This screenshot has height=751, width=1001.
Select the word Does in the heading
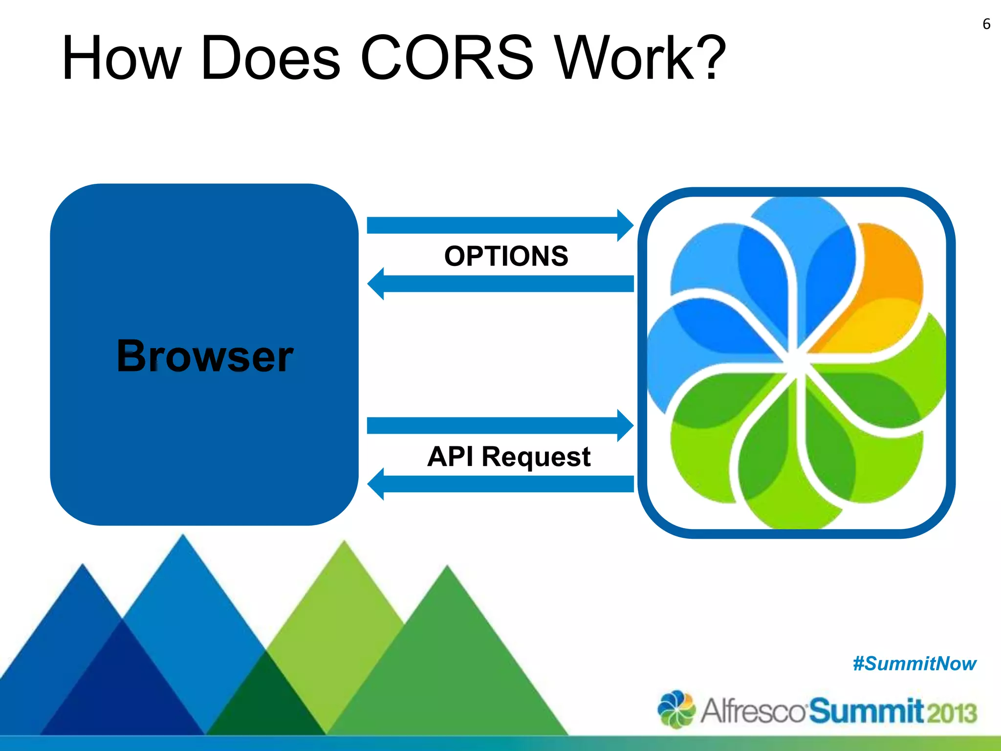click(270, 58)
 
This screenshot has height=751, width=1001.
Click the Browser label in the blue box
click(205, 356)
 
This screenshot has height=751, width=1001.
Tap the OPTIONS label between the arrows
click(506, 256)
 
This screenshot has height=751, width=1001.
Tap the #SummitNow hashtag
click(914, 664)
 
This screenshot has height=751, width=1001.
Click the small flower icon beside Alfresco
click(676, 709)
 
